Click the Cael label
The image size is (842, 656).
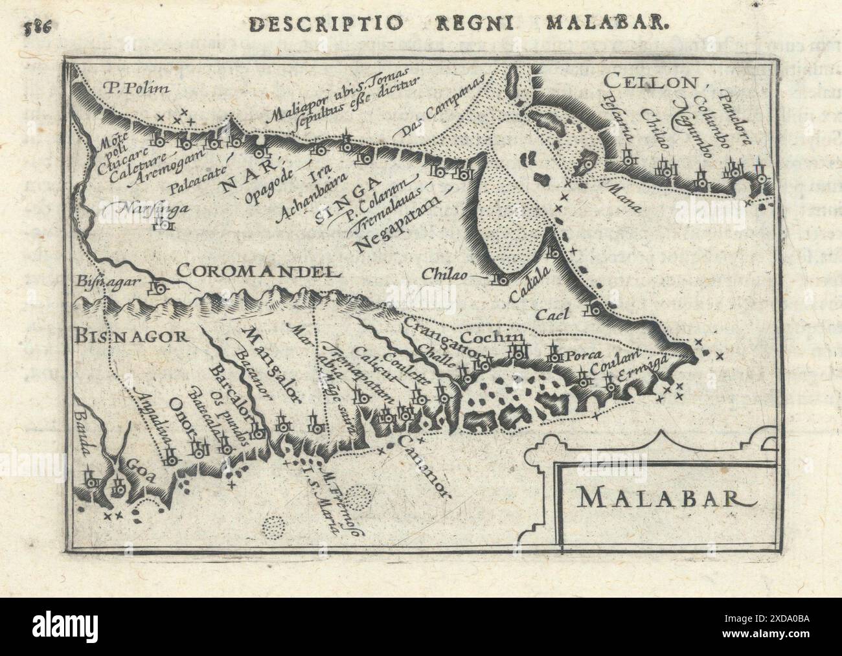(552, 315)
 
